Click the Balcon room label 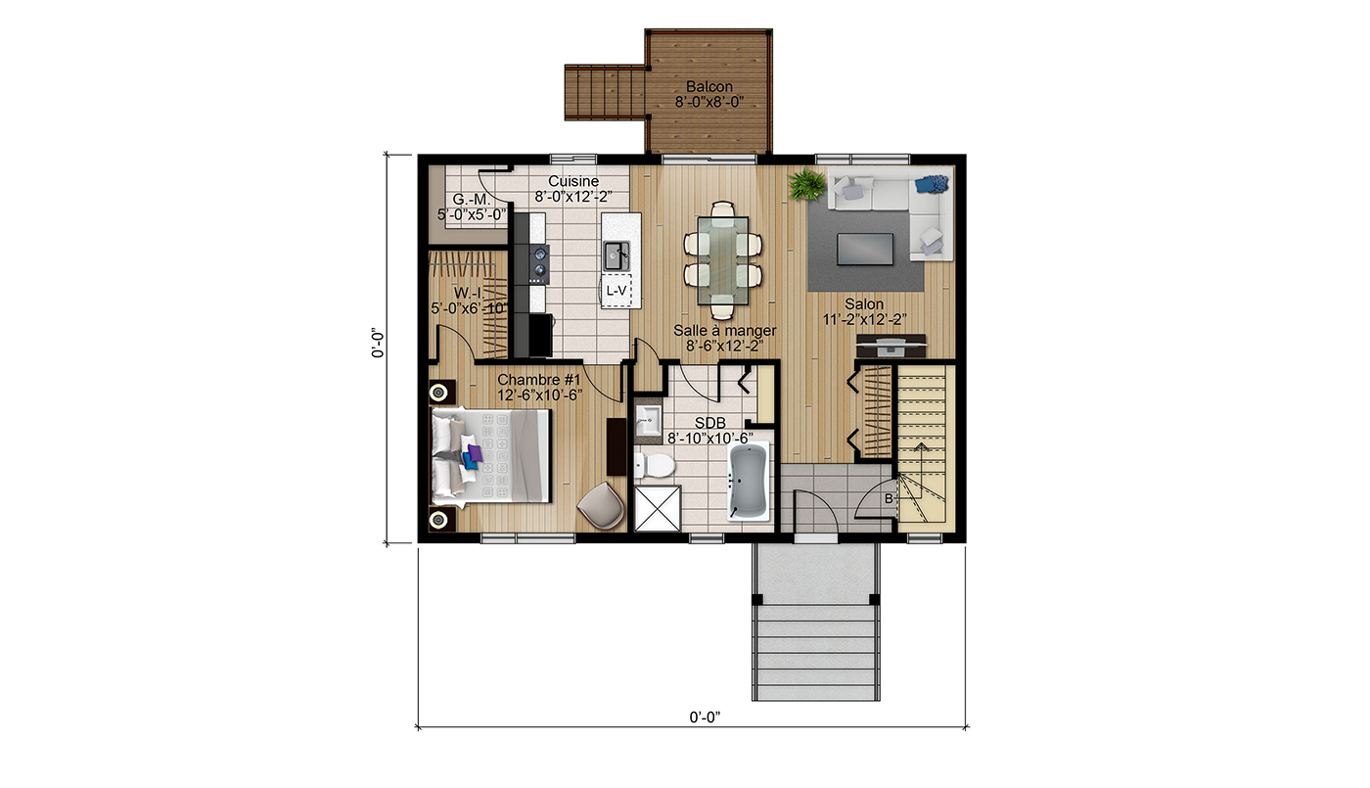[x=708, y=87]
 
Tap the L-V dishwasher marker [x=616, y=291]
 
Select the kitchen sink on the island [x=616, y=255]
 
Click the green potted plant [x=807, y=184]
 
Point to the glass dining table [x=723, y=260]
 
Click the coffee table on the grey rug [x=864, y=249]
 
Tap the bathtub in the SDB [x=748, y=482]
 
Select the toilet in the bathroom [x=655, y=466]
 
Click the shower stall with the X [x=658, y=508]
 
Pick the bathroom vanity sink [x=648, y=420]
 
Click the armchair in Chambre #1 [x=601, y=504]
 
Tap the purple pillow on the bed [x=474, y=453]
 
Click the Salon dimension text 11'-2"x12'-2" [x=864, y=319]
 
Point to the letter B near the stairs [x=889, y=499]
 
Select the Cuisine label [x=573, y=181]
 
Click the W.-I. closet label [x=469, y=293]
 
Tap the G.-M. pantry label [x=471, y=200]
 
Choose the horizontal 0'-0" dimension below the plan [x=705, y=717]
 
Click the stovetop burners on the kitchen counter [x=539, y=261]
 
